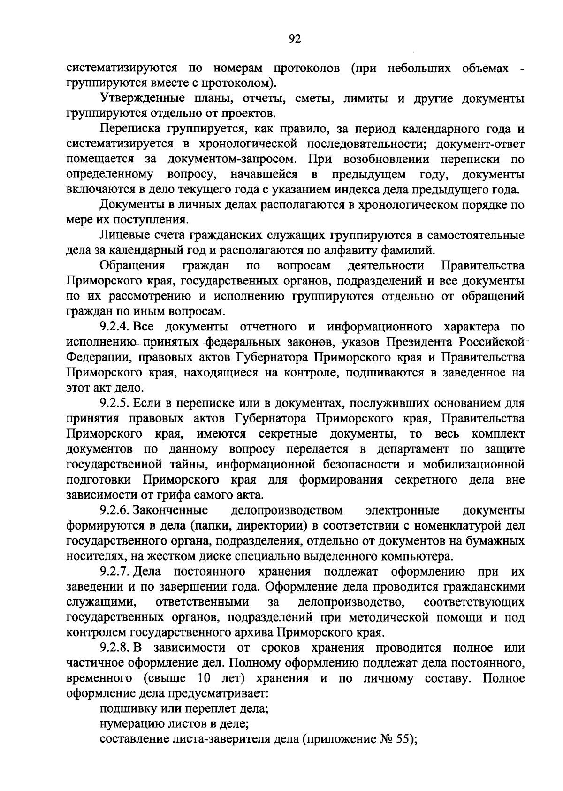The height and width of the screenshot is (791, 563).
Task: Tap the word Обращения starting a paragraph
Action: coord(133,266)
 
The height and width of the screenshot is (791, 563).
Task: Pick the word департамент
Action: coord(413,449)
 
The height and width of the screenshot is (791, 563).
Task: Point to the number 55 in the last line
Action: coord(403,739)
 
